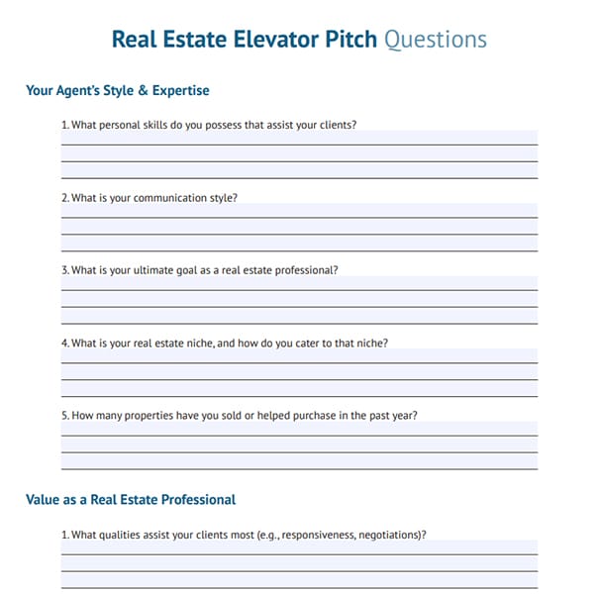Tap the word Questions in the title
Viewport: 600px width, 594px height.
click(x=435, y=40)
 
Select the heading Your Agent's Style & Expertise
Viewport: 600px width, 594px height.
click(x=118, y=91)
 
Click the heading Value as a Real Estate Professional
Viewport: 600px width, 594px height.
click(x=131, y=500)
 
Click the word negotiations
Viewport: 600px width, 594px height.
click(x=390, y=535)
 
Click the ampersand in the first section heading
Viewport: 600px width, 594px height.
click(x=140, y=91)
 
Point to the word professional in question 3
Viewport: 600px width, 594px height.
click(x=306, y=270)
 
